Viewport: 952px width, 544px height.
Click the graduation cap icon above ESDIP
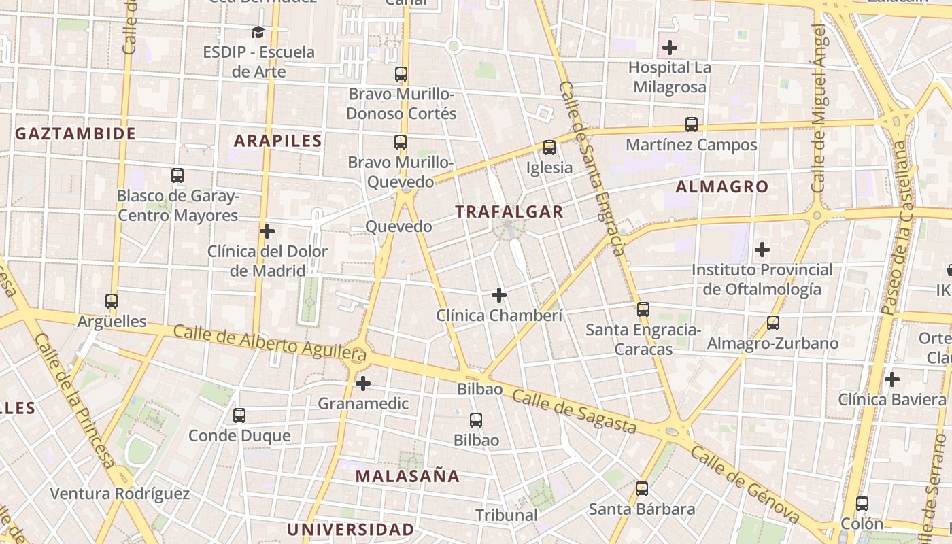coord(258,32)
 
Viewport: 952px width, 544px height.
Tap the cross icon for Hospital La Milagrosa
coord(670,48)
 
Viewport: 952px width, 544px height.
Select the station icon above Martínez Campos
coord(692,124)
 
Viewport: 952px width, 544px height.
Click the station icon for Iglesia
coord(549,148)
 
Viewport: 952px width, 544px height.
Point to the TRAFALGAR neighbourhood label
coord(509,211)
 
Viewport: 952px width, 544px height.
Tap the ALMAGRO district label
coord(722,186)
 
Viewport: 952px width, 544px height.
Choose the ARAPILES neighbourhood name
coord(277,141)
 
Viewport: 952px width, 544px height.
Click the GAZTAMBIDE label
coord(75,133)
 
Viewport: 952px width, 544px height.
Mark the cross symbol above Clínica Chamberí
coord(499,295)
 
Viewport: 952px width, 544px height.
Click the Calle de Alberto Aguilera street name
coord(270,343)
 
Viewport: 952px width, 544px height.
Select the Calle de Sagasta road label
coord(574,411)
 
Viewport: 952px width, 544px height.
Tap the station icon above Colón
coord(862,504)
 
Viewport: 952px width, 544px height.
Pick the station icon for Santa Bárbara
coord(642,489)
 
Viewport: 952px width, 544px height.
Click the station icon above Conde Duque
coord(239,415)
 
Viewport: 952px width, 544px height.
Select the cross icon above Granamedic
coord(363,384)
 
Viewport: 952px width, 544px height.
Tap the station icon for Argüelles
coord(112,301)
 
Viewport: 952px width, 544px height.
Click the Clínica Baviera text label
coord(891,399)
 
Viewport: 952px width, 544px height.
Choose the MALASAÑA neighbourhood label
coord(407,476)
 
